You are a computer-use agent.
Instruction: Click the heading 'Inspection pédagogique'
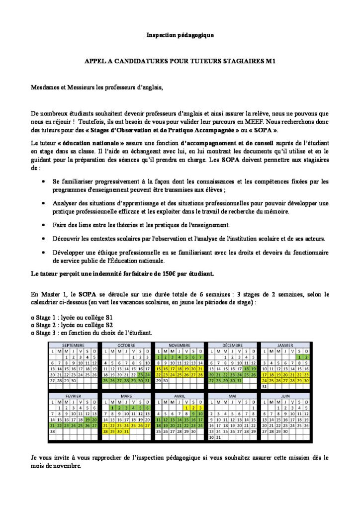(x=180, y=35)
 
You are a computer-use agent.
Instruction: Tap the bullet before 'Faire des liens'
(x=46, y=225)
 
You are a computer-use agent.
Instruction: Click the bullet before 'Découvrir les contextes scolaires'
(x=46, y=239)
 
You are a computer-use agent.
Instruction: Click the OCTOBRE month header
(x=126, y=344)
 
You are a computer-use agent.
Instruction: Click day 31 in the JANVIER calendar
(x=265, y=386)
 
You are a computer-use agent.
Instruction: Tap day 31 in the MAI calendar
(x=218, y=437)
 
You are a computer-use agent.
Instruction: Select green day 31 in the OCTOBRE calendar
(x=147, y=380)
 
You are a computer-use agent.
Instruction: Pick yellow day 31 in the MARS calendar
(x=126, y=431)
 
